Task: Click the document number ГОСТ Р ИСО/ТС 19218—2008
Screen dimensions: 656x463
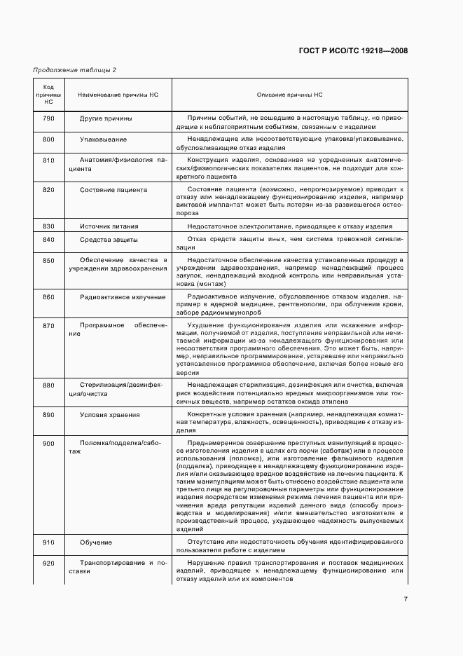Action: pos(353,51)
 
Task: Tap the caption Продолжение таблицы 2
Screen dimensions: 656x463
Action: pos(75,70)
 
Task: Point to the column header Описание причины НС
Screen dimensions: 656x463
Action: pos(289,94)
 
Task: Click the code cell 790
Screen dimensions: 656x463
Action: pos(48,118)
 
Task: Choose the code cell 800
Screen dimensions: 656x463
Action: pos(48,139)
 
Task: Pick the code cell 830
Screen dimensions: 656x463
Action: pos(48,226)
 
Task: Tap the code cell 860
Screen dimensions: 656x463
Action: pos(48,297)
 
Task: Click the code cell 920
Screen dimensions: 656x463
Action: pos(48,563)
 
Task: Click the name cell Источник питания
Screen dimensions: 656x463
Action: pos(109,226)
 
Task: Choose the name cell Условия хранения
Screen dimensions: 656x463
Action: pos(110,414)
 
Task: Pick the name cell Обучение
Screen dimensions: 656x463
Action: pos(96,542)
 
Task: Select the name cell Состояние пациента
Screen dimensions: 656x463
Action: pos(113,189)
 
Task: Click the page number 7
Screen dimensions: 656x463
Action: pos(405,599)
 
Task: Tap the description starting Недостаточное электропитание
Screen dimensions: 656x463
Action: pos(290,226)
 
